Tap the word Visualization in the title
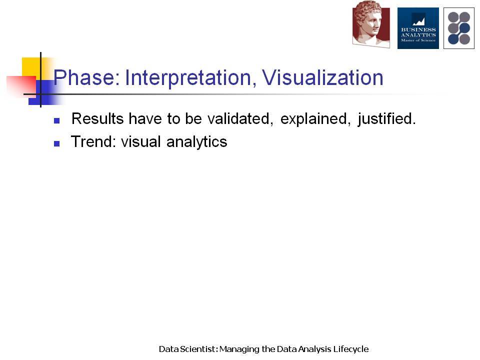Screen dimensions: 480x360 [322, 77]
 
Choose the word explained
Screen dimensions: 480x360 [315, 119]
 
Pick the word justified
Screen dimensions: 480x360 [386, 119]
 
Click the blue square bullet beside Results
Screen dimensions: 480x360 [56, 120]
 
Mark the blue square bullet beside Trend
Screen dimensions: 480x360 [56, 143]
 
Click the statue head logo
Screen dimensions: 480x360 [371, 24]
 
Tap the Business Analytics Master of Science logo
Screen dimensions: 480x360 [418, 28]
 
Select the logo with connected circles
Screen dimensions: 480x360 [459, 28]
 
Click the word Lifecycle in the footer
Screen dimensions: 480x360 [351, 349]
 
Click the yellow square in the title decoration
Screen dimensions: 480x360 [31, 67]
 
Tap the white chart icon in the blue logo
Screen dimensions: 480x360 [418, 21]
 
